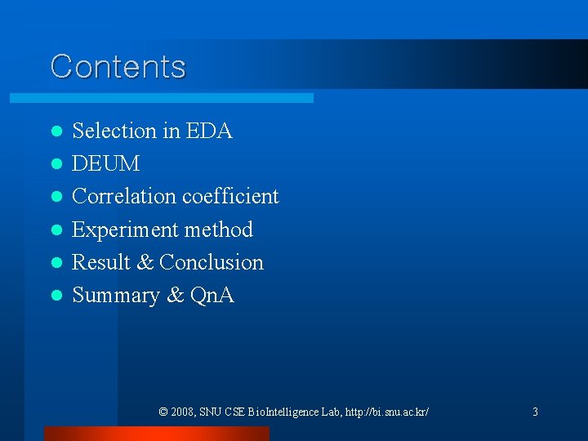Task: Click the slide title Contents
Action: point(118,66)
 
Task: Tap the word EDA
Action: point(210,131)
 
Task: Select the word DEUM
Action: point(106,163)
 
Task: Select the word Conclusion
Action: point(212,262)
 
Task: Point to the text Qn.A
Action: point(212,295)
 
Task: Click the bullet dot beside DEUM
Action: point(56,164)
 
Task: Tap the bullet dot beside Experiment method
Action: point(56,230)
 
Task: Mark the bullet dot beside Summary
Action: point(56,296)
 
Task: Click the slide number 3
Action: point(535,412)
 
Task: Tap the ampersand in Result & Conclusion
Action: point(145,262)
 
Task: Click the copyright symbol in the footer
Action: point(164,412)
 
